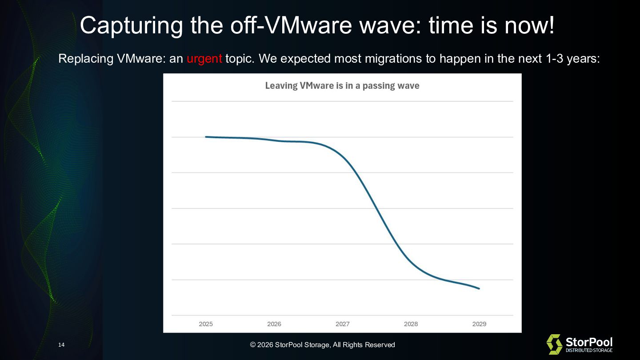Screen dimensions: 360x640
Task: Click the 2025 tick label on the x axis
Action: pyautogui.click(x=206, y=324)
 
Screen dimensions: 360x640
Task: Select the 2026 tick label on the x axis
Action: pyautogui.click(x=274, y=324)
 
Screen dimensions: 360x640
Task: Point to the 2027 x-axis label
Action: pyautogui.click(x=343, y=324)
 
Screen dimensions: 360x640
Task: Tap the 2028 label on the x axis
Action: pyautogui.click(x=411, y=324)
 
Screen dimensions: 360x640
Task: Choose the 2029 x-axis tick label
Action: pyautogui.click(x=479, y=324)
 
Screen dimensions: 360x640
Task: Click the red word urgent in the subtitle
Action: pyautogui.click(x=204, y=59)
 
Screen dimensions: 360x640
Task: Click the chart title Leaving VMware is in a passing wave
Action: pyautogui.click(x=342, y=86)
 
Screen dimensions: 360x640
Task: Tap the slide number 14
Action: pyautogui.click(x=61, y=345)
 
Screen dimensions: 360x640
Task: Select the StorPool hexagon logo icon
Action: pyautogui.click(x=554, y=344)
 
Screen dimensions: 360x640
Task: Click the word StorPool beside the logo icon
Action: pyautogui.click(x=589, y=342)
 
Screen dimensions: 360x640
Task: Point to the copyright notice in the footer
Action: pyautogui.click(x=322, y=345)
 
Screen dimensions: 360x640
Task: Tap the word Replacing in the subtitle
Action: pyautogui.click(x=86, y=59)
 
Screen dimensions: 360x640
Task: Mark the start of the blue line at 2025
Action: pyautogui.click(x=206, y=137)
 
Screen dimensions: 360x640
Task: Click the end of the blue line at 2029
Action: pyautogui.click(x=479, y=289)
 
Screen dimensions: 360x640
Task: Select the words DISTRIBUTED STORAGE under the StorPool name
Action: pyautogui.click(x=589, y=351)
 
